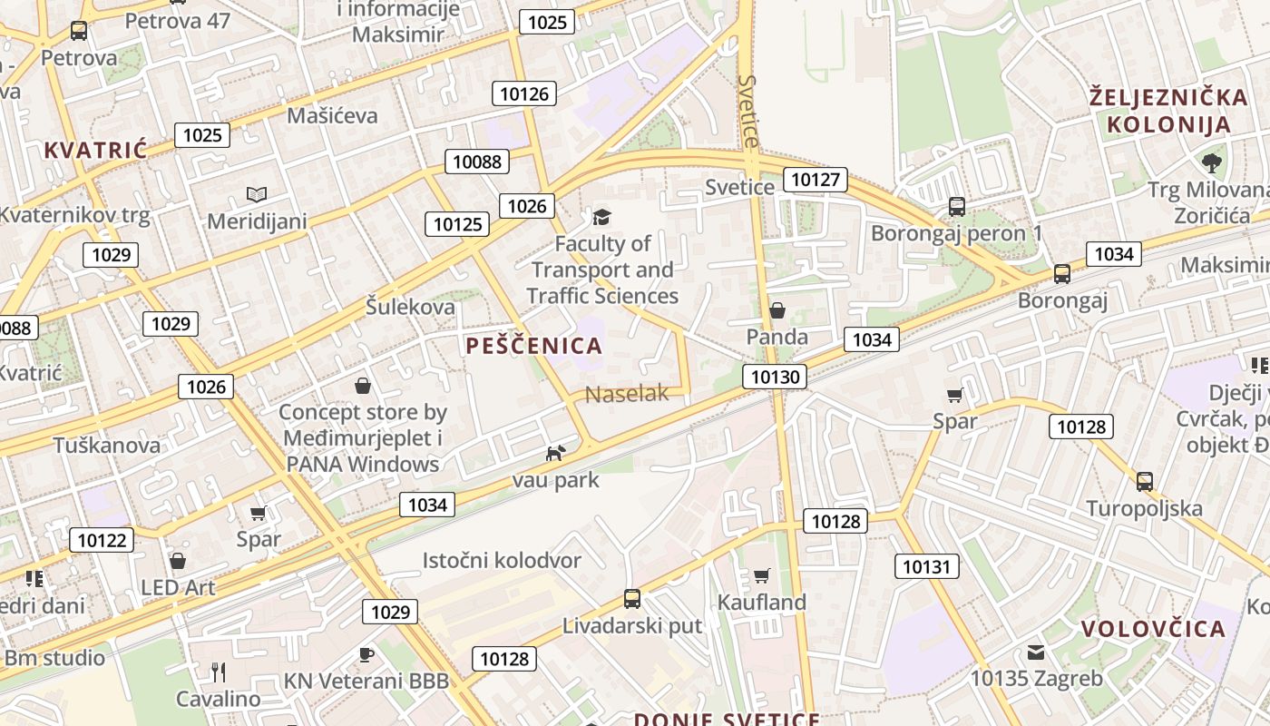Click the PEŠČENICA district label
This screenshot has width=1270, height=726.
[x=534, y=346]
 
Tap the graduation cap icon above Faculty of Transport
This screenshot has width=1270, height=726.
[x=601, y=217]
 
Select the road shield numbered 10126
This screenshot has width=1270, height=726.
[x=524, y=93]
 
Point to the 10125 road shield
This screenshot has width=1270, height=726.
[x=458, y=224]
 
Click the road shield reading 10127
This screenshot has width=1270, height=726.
[x=816, y=180]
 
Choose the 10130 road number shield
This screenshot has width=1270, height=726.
[x=776, y=377]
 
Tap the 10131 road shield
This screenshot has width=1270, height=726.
[x=925, y=567]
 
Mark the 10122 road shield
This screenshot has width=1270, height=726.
[x=103, y=541]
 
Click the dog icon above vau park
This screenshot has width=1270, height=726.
[x=555, y=453]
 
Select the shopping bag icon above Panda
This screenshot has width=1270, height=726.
[x=777, y=310]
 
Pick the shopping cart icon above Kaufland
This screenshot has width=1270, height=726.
[x=762, y=575]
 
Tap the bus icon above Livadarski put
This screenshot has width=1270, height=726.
[x=632, y=599]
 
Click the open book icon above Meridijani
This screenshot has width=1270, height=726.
[x=257, y=194]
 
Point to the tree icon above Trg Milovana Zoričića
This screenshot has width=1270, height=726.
[x=1211, y=163]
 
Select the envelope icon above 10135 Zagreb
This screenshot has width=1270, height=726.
[x=1036, y=652]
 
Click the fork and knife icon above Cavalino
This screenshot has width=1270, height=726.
[x=218, y=672]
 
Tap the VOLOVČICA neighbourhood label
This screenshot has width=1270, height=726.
[x=1153, y=629]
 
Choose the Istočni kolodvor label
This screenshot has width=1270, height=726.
[x=502, y=561]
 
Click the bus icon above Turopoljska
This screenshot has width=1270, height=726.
[x=1145, y=482]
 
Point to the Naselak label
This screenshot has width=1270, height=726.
[x=627, y=394]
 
